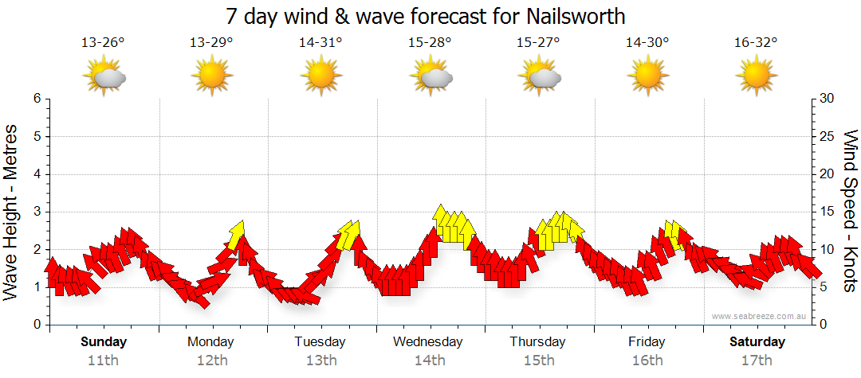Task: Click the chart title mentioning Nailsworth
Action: point(425,16)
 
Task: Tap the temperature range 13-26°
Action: point(103,43)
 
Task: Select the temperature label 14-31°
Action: point(320,43)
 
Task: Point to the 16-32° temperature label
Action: point(756,43)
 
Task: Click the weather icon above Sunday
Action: point(104,77)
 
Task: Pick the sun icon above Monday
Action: point(211,77)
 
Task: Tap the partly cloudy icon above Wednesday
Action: point(431,77)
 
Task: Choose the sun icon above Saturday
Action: point(756,77)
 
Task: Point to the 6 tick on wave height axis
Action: point(36,99)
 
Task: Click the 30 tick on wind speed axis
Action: point(828,99)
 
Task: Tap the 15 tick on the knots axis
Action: point(828,212)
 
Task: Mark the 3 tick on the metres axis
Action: point(36,212)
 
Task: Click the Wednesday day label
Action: point(427,342)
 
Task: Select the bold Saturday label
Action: point(757,342)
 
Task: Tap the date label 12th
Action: point(211,360)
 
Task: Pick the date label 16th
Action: point(647,360)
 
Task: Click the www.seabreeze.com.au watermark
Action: point(760,316)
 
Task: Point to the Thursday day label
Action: point(537,342)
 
